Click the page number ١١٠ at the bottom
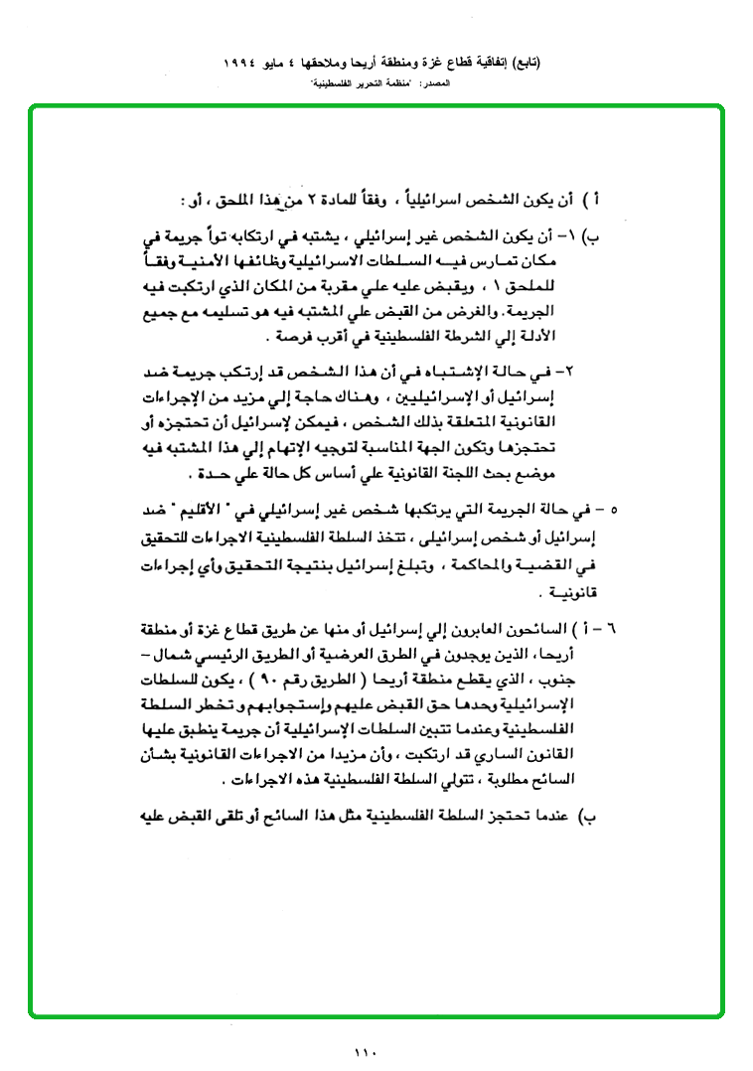point(366,1052)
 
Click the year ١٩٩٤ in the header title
point(243,62)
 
